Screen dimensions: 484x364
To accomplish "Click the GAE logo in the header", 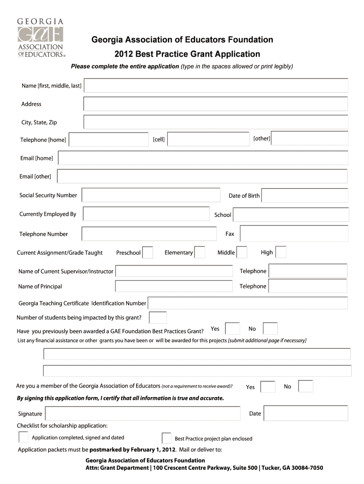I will pyautogui.click(x=41, y=38).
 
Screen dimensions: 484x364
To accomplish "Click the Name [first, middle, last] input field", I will pyautogui.click(x=216, y=86).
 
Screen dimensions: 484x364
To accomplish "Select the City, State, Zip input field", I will pyautogui.click(x=216, y=122).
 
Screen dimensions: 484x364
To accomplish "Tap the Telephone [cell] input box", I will pyautogui.click(x=208, y=139).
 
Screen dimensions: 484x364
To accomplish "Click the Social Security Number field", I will pyautogui.click(x=151, y=195).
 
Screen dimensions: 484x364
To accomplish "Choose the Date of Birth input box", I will pyautogui.click(x=304, y=195).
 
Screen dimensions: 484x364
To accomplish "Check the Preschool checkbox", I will pyautogui.click(x=147, y=252).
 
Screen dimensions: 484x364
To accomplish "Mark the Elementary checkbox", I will pyautogui.click(x=199, y=252).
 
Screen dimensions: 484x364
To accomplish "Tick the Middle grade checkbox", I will pyautogui.click(x=242, y=252).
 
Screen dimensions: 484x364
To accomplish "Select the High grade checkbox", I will pyautogui.click(x=281, y=252).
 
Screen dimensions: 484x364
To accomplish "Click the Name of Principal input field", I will pyautogui.click(x=174, y=286).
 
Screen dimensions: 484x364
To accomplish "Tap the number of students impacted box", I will pyautogui.click(x=158, y=318).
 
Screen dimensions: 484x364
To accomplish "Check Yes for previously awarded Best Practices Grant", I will pyautogui.click(x=232, y=328).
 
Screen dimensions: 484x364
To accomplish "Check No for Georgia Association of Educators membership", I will pyautogui.click(x=305, y=386).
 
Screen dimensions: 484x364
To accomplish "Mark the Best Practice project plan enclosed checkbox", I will pyautogui.click(x=166, y=438).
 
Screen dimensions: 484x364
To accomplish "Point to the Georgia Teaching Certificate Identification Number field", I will pyautogui.click(x=248, y=303).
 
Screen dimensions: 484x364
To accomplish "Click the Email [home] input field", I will pyautogui.click(x=202, y=158).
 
